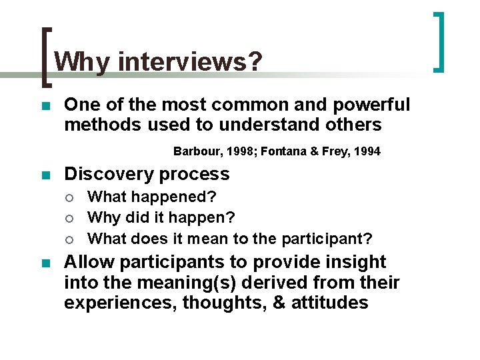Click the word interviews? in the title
pos(190,62)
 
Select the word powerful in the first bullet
pos(373,105)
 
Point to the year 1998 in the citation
pos(241,151)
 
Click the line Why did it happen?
pos(161,217)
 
